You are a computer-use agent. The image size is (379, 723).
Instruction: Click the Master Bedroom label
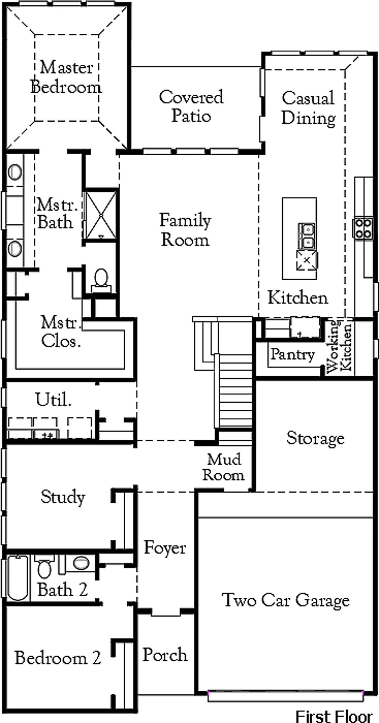66,77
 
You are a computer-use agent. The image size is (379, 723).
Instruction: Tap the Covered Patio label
191,106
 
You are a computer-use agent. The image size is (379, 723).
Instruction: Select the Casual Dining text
309,108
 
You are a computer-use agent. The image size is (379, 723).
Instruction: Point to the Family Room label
185,230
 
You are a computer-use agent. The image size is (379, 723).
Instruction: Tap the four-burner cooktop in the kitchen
363,228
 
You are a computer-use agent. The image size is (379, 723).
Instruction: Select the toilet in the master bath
101,281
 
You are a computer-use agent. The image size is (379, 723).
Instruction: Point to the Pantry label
292,355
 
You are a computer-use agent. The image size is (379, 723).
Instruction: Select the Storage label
315,438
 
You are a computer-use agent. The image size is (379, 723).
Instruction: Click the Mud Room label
223,467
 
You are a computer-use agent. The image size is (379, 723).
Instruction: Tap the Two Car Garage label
286,600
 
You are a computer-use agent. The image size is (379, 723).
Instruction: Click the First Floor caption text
334,716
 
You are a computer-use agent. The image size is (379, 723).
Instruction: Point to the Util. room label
53,400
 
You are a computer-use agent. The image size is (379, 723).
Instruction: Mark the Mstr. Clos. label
60,331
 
